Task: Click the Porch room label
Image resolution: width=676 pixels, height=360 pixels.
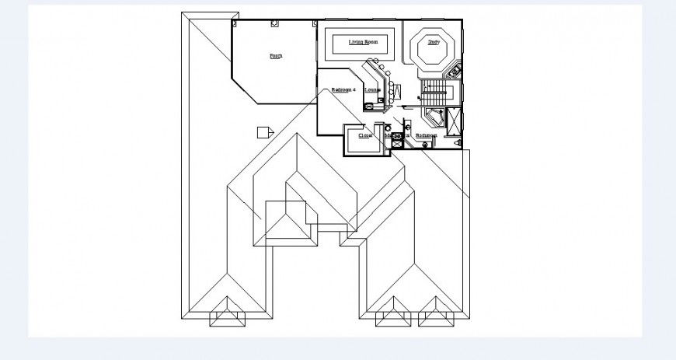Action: (x=276, y=56)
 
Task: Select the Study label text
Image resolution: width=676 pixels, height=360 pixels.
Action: (x=434, y=42)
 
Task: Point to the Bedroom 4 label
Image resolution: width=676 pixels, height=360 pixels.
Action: (x=343, y=90)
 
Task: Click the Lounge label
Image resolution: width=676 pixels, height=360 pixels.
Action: (x=372, y=90)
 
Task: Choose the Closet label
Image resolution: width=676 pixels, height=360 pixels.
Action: (x=365, y=135)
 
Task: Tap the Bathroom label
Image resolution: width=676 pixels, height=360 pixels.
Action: (x=426, y=135)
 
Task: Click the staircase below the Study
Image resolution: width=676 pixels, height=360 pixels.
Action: (x=434, y=94)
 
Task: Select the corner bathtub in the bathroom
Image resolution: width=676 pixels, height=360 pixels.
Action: (x=432, y=117)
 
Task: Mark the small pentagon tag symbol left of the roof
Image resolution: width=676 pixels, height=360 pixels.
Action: (x=265, y=131)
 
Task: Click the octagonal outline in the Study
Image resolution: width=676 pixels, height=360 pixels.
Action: (x=433, y=49)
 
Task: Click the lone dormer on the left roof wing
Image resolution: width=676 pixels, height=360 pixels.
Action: (x=226, y=316)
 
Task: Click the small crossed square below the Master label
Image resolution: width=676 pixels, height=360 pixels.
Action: (x=396, y=143)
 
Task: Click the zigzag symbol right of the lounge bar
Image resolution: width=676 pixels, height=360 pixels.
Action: (x=396, y=93)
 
